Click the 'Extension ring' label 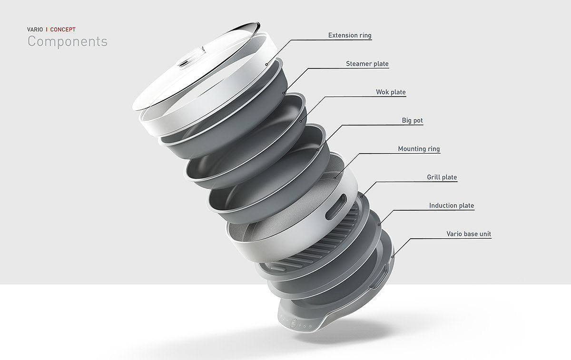click(350, 35)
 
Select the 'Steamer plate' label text click(367, 63)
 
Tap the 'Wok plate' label click(391, 92)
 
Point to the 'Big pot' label click(412, 120)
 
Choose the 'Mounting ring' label click(419, 148)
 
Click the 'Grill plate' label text click(442, 177)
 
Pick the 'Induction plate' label click(452, 205)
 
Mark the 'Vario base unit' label click(469, 234)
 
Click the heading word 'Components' click(68, 41)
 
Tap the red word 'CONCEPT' click(63, 29)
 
